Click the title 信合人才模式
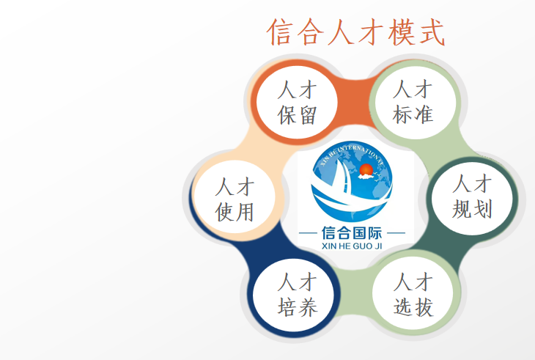(x=356, y=32)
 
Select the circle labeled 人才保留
(x=297, y=103)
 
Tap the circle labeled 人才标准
(x=416, y=103)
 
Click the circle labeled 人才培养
(x=293, y=295)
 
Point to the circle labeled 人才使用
(x=235, y=197)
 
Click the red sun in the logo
(x=366, y=169)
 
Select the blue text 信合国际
(x=352, y=233)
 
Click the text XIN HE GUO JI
(x=352, y=246)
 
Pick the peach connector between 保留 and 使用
(x=260, y=146)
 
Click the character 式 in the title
(x=432, y=32)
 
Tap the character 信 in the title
(x=281, y=32)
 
